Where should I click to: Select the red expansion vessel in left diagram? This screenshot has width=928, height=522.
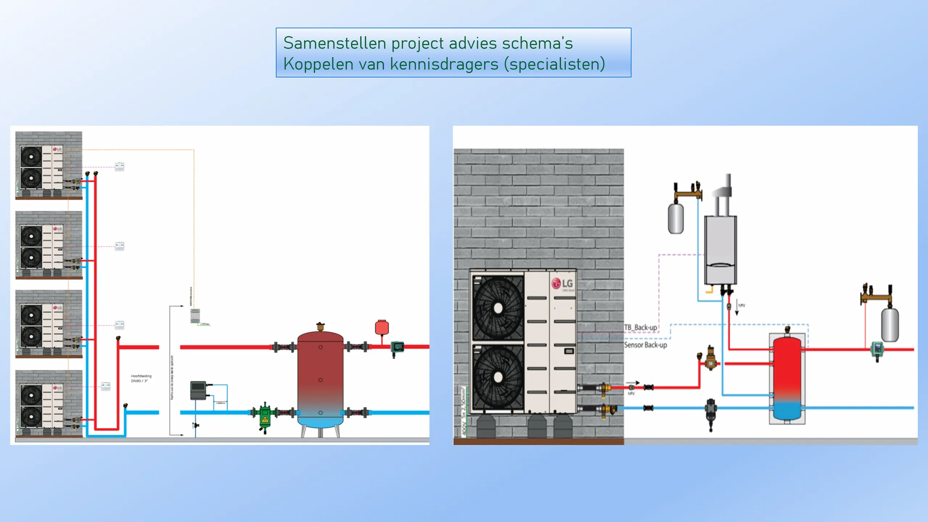point(382,327)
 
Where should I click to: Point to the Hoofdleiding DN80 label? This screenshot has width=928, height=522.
point(141,378)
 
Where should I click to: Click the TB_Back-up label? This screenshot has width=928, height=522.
point(640,327)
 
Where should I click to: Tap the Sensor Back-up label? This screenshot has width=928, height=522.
point(645,345)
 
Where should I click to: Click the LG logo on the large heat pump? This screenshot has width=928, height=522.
point(562,283)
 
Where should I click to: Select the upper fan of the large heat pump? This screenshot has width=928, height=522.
point(498,308)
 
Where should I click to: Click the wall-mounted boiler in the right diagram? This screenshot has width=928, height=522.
point(720,250)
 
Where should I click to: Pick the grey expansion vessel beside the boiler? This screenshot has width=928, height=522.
point(676,219)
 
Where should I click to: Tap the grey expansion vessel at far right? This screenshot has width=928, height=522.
point(890,324)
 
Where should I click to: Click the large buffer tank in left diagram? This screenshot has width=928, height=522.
point(320,379)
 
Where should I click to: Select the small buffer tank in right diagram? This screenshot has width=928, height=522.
point(787,379)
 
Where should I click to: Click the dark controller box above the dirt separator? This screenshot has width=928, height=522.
point(198,390)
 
